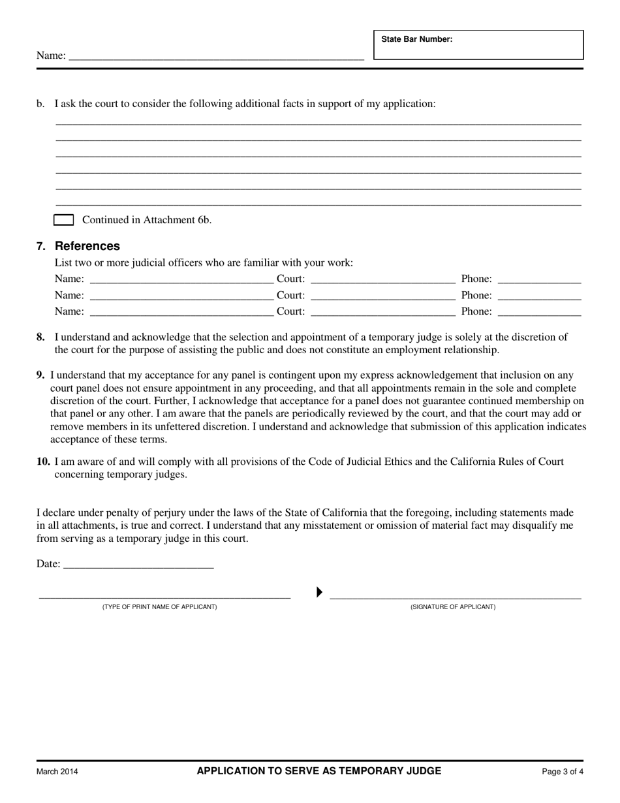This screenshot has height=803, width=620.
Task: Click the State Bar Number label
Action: click(x=416, y=39)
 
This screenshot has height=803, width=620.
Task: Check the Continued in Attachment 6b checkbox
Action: click(x=63, y=220)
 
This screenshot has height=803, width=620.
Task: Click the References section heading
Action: click(x=87, y=246)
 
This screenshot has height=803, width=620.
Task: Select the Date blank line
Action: click(x=138, y=565)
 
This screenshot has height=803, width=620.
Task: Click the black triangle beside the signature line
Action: click(x=319, y=592)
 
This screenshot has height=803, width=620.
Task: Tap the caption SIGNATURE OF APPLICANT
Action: click(x=452, y=607)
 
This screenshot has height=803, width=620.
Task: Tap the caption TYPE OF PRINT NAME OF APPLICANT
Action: click(x=159, y=607)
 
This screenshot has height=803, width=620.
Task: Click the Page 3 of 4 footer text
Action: click(x=563, y=772)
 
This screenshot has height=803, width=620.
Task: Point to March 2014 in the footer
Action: click(x=57, y=772)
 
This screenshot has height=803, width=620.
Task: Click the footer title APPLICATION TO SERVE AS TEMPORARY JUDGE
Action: click(x=318, y=771)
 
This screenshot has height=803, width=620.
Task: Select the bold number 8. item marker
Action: click(x=40, y=338)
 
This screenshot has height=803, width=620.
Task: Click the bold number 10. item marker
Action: click(x=43, y=462)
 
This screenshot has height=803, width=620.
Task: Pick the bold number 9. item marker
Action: click(x=40, y=375)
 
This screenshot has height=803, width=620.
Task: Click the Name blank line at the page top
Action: click(x=215, y=57)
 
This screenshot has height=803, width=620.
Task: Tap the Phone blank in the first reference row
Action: click(x=539, y=281)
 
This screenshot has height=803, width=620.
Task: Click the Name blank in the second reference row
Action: click(x=181, y=297)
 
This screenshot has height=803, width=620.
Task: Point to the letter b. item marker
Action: click(x=40, y=104)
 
